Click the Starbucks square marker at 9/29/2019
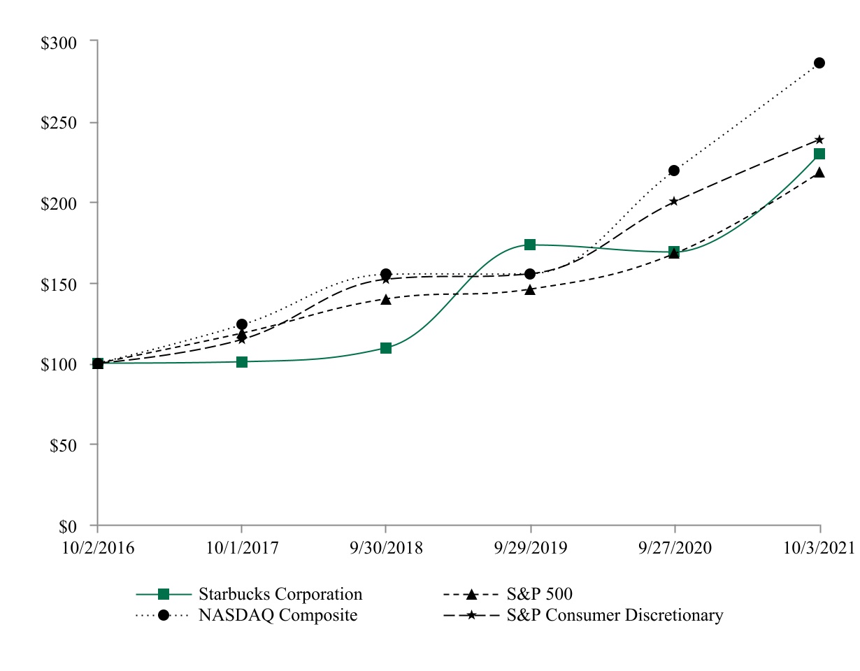point(530,245)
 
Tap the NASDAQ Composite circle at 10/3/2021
point(819,63)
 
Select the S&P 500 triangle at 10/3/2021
point(819,172)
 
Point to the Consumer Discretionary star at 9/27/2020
point(674,201)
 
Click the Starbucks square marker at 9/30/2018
point(386,348)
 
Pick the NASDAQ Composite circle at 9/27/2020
point(674,171)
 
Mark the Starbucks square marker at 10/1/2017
point(242,362)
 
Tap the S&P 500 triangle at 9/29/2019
point(530,289)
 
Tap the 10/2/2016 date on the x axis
point(97,548)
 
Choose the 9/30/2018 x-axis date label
point(386,548)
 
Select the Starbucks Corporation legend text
point(280,594)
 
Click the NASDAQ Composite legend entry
point(278,615)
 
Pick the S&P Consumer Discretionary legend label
point(615,615)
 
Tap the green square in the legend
point(164,594)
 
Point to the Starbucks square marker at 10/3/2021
point(819,154)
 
